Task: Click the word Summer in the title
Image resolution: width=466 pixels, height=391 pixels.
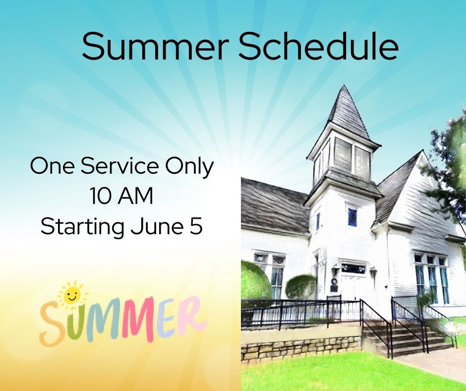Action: [x=156, y=46]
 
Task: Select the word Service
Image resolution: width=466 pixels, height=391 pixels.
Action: [x=119, y=166]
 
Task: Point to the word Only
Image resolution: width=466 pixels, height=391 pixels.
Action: [x=189, y=167]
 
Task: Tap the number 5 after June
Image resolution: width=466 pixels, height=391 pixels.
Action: [x=196, y=226]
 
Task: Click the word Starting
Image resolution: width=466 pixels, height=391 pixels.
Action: [x=82, y=228]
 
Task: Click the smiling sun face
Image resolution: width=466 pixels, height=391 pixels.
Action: [x=71, y=295]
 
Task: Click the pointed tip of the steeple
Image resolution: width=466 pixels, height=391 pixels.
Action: [x=345, y=85]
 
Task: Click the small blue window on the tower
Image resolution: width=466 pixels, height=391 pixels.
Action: [x=352, y=217]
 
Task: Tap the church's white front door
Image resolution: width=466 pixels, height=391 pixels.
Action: [x=353, y=287]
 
